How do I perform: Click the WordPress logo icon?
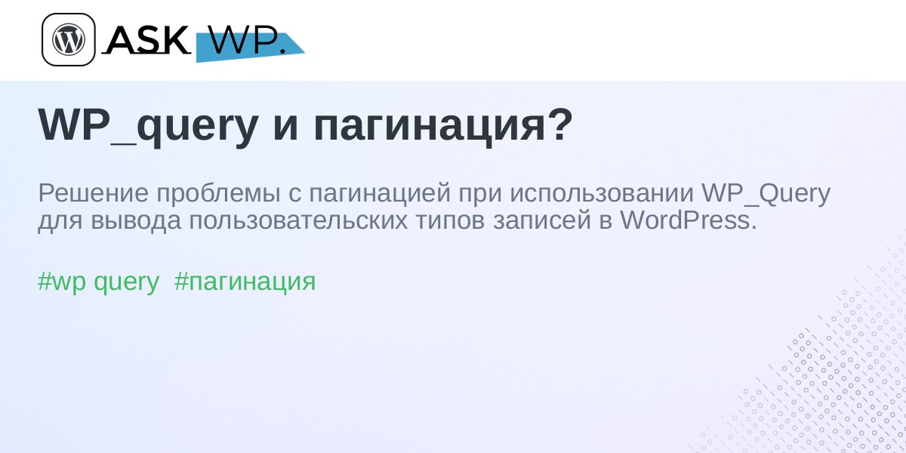[x=69, y=39]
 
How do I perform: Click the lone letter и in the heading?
[x=286, y=129]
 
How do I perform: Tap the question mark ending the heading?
[x=559, y=125]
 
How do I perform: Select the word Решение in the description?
[x=93, y=193]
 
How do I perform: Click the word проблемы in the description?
[x=218, y=193]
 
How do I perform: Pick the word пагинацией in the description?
[x=380, y=193]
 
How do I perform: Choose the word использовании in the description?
[x=602, y=193]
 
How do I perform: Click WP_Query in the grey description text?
[x=766, y=194]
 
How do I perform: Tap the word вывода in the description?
[x=136, y=220]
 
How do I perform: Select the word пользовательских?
[x=298, y=220]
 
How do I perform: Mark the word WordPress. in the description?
[x=688, y=220]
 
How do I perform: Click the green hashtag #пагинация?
[x=245, y=282]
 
